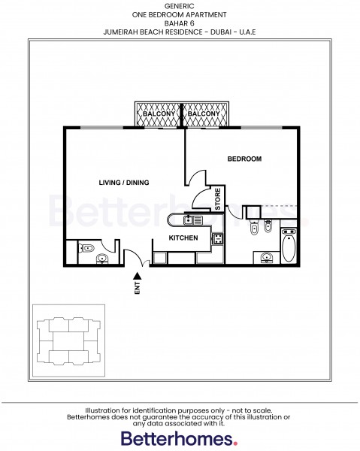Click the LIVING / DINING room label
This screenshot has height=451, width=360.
(x=124, y=183)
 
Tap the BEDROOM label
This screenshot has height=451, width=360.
(x=244, y=159)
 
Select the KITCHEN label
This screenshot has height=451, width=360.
(x=183, y=238)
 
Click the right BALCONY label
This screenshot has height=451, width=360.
(x=204, y=114)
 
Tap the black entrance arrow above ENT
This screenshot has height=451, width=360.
(x=138, y=276)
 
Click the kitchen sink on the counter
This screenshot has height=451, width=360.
(x=187, y=220)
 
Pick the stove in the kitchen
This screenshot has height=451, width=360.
(x=217, y=239)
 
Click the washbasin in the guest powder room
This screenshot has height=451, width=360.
(x=103, y=259)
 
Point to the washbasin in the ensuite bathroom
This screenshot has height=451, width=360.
(x=266, y=259)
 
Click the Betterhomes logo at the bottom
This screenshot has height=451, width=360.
(x=180, y=438)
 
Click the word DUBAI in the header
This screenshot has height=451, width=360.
(x=232, y=32)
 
